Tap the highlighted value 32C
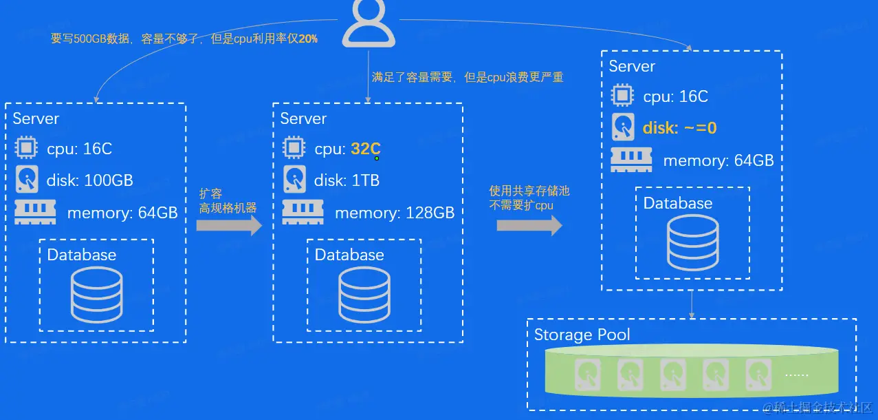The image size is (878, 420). click(x=365, y=149)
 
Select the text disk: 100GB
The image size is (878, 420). click(x=89, y=181)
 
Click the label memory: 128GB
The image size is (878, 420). click(x=394, y=213)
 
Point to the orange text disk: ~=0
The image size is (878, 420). click(x=679, y=128)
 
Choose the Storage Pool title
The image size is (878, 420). click(x=582, y=335)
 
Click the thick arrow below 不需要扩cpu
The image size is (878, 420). click(x=529, y=225)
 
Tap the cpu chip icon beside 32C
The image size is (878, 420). click(x=294, y=148)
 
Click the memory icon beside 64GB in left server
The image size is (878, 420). click(x=34, y=211)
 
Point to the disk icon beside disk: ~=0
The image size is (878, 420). click(x=622, y=127)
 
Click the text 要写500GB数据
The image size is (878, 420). click(x=90, y=39)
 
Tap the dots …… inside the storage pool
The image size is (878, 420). click(x=797, y=375)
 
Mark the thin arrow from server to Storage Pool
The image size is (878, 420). click(x=692, y=304)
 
